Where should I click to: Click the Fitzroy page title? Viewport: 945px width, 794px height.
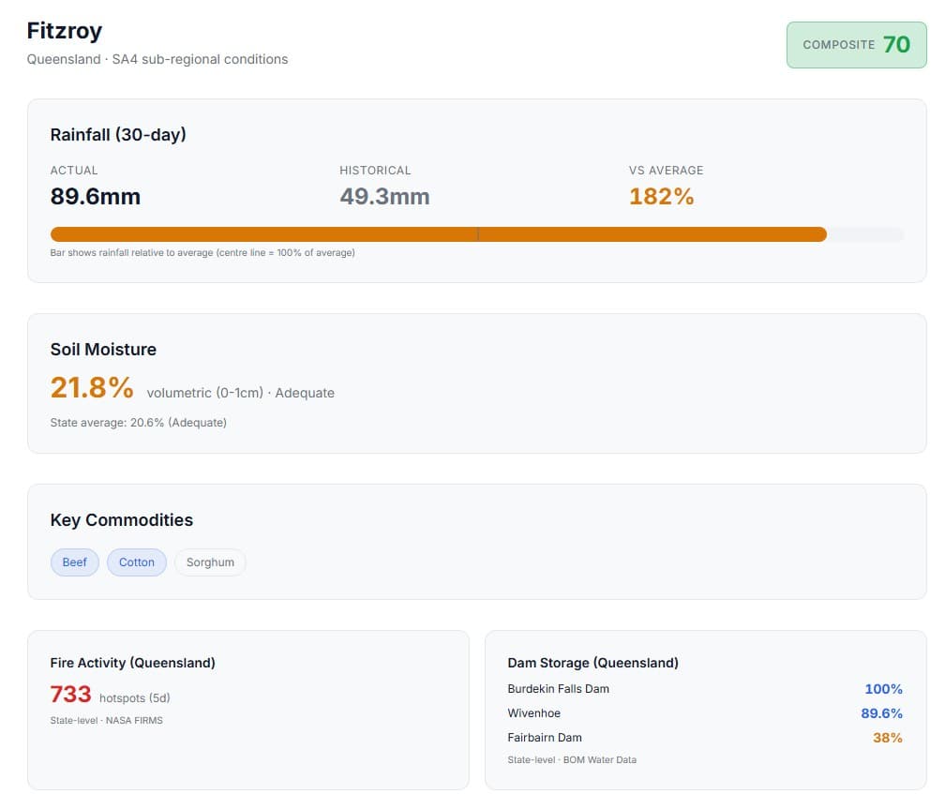click(64, 30)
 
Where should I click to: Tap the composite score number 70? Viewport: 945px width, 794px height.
click(896, 44)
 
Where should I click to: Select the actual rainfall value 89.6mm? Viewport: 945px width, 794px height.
click(95, 196)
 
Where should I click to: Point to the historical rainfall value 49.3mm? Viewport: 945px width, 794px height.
click(384, 196)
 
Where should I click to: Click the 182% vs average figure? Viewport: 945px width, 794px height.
click(661, 196)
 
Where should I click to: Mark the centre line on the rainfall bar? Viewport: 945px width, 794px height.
click(478, 234)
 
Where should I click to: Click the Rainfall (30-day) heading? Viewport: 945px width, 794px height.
click(118, 134)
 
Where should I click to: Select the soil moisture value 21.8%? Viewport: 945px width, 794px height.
click(92, 387)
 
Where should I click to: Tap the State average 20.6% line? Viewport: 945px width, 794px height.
click(138, 422)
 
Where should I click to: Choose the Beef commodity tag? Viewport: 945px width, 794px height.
click(75, 562)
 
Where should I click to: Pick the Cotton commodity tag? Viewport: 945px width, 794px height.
click(137, 562)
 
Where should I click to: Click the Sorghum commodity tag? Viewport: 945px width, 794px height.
click(210, 562)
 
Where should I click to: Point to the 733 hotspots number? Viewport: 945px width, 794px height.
click(70, 695)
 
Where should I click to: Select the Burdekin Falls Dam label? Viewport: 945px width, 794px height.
click(558, 689)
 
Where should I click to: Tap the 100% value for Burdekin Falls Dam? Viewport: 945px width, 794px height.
click(883, 689)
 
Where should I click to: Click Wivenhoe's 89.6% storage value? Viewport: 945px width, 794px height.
click(881, 713)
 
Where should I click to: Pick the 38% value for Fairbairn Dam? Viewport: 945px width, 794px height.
click(887, 738)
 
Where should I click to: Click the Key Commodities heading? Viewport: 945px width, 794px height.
click(121, 520)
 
